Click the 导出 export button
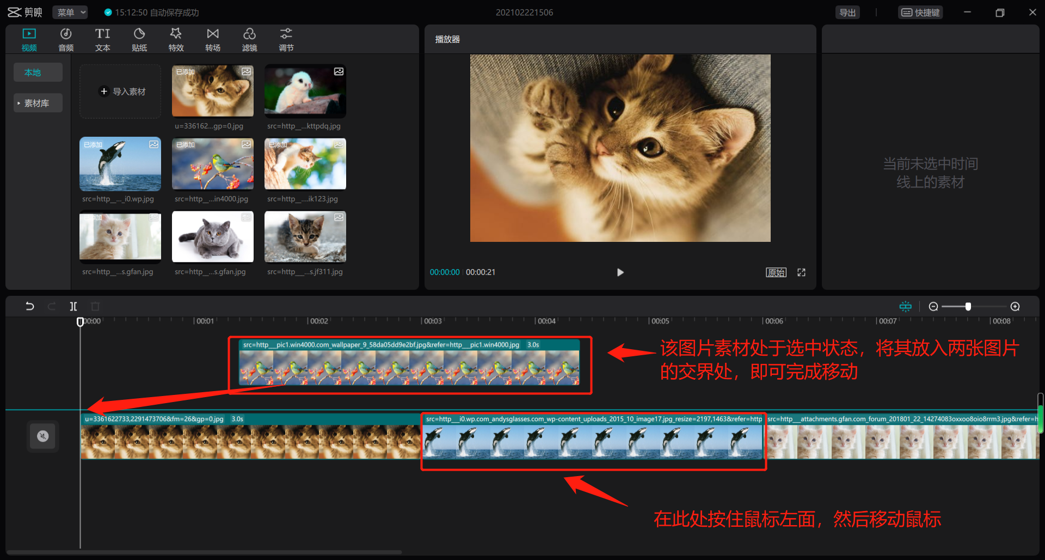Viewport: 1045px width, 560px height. click(x=847, y=13)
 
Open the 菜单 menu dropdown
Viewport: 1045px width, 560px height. click(x=70, y=13)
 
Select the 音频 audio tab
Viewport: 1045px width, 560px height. click(x=66, y=40)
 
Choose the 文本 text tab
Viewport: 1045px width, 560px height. click(x=102, y=40)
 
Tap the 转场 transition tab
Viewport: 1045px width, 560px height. click(x=213, y=40)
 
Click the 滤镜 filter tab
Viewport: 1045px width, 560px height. click(x=249, y=40)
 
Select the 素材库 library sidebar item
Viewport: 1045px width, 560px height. click(x=37, y=103)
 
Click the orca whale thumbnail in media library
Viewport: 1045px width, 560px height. click(x=120, y=164)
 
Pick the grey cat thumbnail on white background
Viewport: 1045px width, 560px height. click(x=213, y=237)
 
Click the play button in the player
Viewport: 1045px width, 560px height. click(x=620, y=272)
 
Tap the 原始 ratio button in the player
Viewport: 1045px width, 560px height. click(x=776, y=272)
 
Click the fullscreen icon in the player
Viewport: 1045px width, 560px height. click(x=801, y=272)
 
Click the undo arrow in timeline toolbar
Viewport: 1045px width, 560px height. click(x=30, y=306)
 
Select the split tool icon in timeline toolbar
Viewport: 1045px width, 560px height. click(x=73, y=306)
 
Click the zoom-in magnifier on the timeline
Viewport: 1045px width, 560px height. click(x=1015, y=307)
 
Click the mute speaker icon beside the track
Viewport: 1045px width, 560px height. click(x=43, y=436)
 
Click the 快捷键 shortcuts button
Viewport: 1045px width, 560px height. click(x=920, y=13)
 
